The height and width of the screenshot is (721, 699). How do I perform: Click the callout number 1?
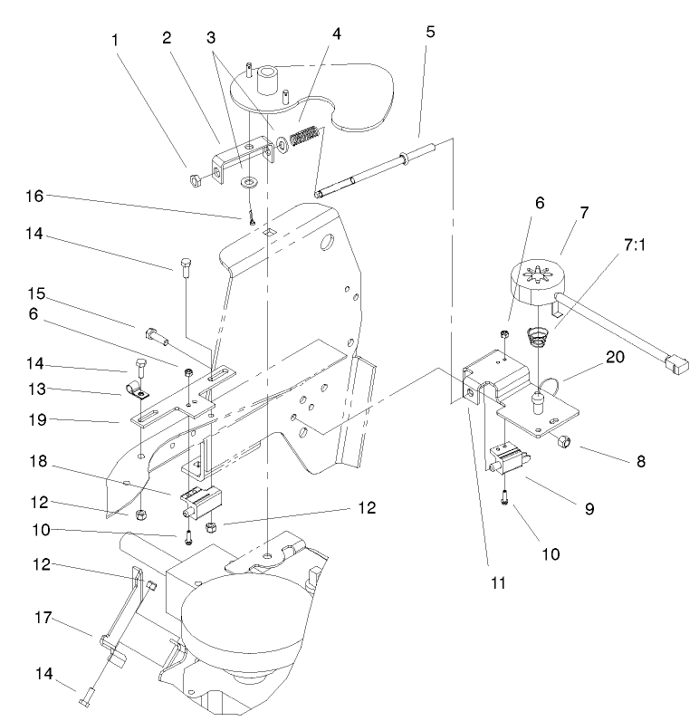tap(115, 41)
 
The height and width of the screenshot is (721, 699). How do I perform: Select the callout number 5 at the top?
tap(430, 31)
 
